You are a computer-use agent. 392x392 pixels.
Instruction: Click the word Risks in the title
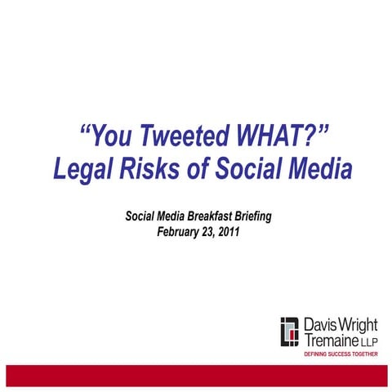pyautogui.click(x=156, y=169)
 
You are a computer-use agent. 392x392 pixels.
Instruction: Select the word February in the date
pyautogui.click(x=180, y=231)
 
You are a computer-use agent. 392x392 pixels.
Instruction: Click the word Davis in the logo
pyautogui.click(x=318, y=326)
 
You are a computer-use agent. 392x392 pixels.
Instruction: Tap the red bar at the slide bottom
pyautogui.click(x=196, y=375)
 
